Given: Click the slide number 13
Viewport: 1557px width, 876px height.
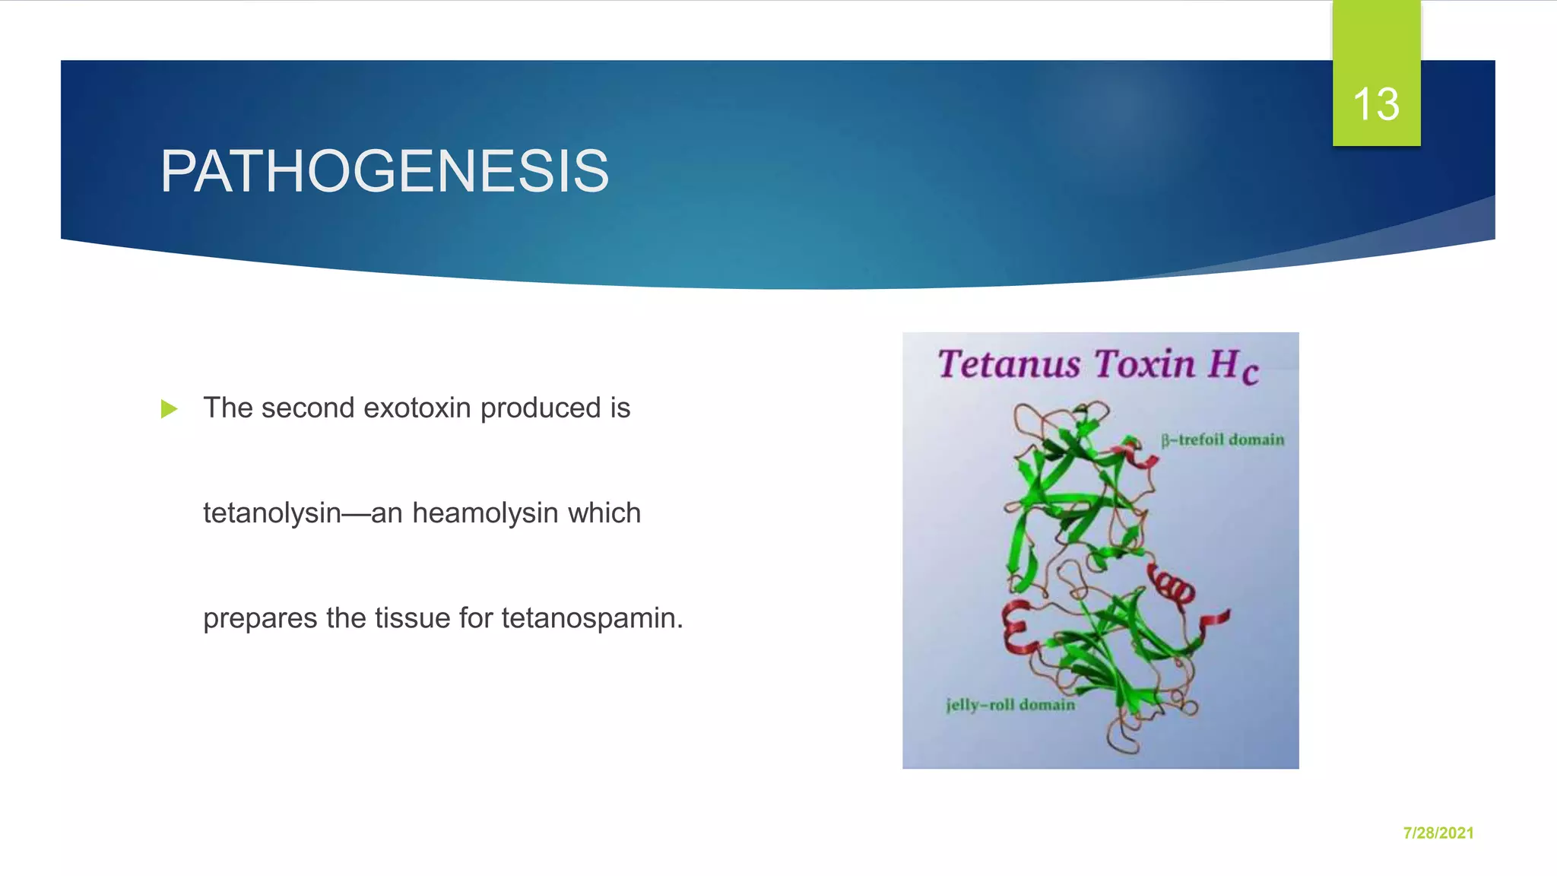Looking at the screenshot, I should click(1375, 104).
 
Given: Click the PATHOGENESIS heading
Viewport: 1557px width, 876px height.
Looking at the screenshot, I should click(385, 171).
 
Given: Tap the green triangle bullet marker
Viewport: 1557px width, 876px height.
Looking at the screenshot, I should click(169, 409).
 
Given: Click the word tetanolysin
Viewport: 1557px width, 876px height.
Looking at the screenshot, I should click(271, 513).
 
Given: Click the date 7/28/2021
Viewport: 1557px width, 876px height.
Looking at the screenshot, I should click(1438, 833).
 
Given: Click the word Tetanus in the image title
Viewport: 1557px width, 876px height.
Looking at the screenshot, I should click(1008, 363).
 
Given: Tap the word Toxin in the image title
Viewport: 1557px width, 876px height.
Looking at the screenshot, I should click(1145, 363).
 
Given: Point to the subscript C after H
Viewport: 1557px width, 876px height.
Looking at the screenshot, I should click(1250, 374).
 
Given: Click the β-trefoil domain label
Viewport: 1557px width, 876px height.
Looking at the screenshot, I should click(1222, 440).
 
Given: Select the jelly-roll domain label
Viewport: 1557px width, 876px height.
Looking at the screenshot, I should click(1010, 705).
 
